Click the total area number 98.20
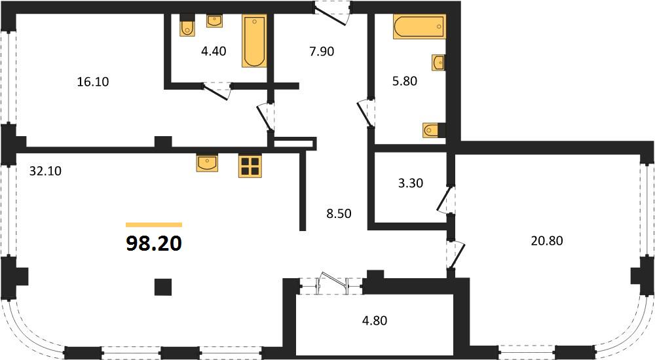coord(154,243)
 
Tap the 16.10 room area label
coord(93,81)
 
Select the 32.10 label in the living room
coord(45,171)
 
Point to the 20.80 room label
coord(547,241)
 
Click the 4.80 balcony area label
coord(374,320)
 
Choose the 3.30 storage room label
coord(411,183)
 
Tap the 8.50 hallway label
coord(339,213)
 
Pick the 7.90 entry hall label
coord(322,51)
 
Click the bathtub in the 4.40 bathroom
coord(254,41)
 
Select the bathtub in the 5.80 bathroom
coord(419,27)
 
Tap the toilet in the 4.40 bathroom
coord(187,26)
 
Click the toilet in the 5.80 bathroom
coord(434,130)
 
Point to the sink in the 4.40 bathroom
coord(215,21)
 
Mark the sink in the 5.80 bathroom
coord(438,63)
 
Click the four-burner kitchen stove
coord(250,166)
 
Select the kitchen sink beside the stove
coord(207,162)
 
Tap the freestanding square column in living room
coord(163,287)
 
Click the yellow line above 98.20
coord(154,225)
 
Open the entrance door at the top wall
coord(332,13)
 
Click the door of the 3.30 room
coord(445,199)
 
